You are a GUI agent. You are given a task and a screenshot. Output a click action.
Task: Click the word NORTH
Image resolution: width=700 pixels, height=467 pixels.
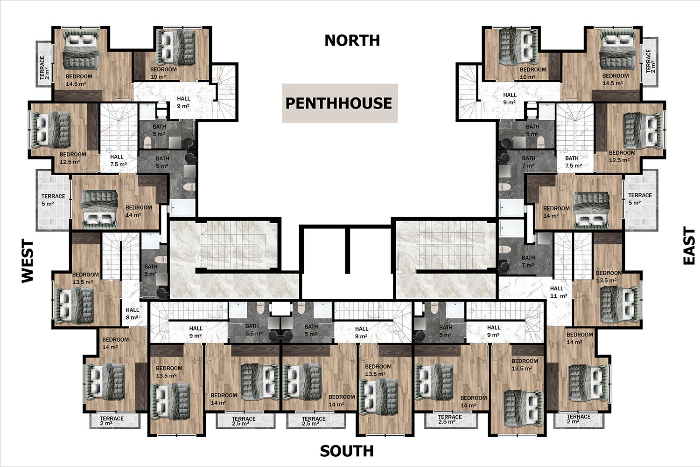(x=352, y=41)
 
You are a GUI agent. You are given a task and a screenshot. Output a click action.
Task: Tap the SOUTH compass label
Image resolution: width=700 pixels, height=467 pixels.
(x=347, y=451)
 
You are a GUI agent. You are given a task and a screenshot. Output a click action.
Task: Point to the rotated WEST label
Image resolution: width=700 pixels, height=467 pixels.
(x=28, y=261)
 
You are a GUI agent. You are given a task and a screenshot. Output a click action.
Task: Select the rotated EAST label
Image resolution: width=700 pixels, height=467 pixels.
(x=689, y=246)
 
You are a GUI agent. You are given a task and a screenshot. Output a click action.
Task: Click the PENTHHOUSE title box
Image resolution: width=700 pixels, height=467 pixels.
(x=340, y=103)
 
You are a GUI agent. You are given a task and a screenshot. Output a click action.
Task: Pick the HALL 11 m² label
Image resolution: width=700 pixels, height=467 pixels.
(x=559, y=292)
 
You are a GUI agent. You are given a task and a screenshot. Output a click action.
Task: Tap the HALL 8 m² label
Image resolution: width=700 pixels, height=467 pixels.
(x=132, y=314)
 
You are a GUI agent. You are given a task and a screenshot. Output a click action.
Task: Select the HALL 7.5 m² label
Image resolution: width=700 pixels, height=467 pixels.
(x=118, y=160)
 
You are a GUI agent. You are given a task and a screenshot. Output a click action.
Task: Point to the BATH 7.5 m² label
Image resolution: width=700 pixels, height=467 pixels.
(x=574, y=162)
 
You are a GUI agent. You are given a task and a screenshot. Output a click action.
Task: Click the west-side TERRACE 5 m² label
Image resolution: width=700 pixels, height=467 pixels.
(x=53, y=200)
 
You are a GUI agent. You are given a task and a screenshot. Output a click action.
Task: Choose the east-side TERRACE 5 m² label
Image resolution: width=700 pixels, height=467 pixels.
(x=640, y=199)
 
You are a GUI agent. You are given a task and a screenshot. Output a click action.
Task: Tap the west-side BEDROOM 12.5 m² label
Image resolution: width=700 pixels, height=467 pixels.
(x=72, y=158)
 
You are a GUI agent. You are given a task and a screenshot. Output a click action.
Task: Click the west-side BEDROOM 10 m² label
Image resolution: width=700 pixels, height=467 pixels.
(x=163, y=73)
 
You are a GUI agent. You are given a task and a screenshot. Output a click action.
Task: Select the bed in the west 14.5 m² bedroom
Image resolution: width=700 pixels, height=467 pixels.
(x=81, y=48)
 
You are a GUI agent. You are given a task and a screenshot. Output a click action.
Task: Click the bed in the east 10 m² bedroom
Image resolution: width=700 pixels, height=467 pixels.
(x=518, y=47)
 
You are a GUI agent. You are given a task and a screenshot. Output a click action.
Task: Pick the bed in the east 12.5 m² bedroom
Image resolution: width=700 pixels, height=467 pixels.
(x=643, y=130)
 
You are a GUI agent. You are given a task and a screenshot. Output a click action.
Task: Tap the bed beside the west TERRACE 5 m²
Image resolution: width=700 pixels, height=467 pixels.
(x=99, y=210)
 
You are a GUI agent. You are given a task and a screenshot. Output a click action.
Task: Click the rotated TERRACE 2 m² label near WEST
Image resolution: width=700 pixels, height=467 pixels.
(x=44, y=68)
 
